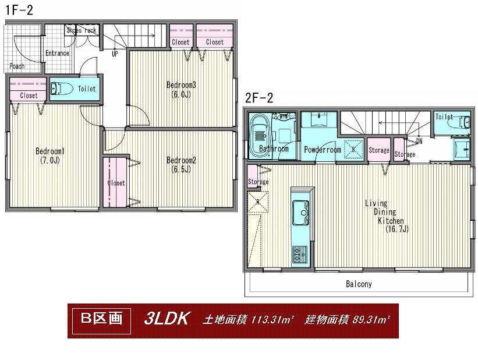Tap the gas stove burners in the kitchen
[300, 252]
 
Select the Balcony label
[359, 285]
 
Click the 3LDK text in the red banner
[167, 319]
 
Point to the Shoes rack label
[82, 30]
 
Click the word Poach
[17, 66]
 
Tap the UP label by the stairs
[114, 54]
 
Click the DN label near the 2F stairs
[419, 141]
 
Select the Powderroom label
[322, 150]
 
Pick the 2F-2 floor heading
[259, 98]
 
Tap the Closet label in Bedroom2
[116, 183]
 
